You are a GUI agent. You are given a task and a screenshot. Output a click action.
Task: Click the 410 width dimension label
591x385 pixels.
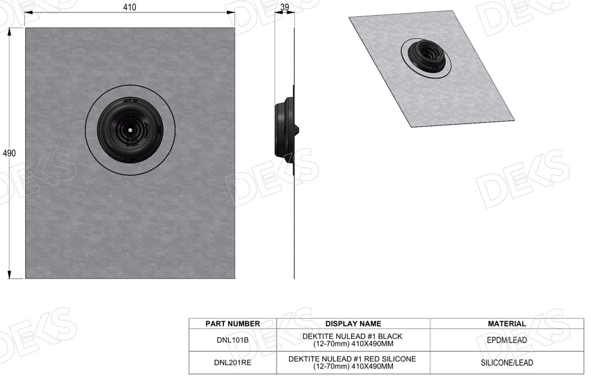coord(129,8)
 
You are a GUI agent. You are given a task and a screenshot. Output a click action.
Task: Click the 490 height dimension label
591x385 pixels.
coord(9,153)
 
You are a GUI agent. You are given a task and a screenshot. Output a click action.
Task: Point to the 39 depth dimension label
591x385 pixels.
coord(284,7)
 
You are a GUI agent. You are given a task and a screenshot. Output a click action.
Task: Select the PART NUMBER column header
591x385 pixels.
coord(232,323)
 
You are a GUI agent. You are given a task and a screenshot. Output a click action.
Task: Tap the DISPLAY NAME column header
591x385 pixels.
coord(353,323)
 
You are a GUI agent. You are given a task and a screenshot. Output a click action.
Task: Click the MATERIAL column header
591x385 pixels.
coord(506,323)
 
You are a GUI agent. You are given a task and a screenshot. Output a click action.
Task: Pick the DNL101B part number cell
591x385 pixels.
coord(232,340)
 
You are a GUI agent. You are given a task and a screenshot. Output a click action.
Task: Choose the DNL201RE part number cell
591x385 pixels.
coord(232,363)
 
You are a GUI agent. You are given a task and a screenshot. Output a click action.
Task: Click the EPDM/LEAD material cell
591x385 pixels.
coord(506,340)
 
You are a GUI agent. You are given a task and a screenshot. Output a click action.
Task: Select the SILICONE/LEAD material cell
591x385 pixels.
coord(506,363)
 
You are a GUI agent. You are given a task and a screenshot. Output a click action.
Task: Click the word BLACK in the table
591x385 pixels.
coord(391,337)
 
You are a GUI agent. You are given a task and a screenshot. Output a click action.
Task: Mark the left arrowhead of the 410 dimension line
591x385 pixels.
coord(28,17)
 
